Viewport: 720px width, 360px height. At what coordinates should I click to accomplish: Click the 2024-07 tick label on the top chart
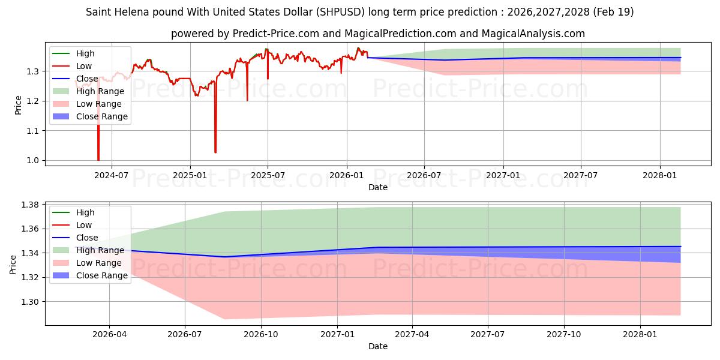[112, 175]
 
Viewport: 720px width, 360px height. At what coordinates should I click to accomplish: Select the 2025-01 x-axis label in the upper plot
[190, 175]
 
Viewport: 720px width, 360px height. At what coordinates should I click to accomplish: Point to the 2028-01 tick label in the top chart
[660, 175]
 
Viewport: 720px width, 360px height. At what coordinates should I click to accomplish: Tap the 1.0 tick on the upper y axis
[33, 160]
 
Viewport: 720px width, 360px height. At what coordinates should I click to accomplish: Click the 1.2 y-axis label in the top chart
[33, 101]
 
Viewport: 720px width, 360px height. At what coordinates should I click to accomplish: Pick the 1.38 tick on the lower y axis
[30, 205]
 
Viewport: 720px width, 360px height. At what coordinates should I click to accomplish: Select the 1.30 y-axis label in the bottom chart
[30, 302]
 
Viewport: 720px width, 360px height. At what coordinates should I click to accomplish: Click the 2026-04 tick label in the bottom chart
[109, 335]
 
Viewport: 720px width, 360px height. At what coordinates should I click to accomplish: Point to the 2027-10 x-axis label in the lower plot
[564, 335]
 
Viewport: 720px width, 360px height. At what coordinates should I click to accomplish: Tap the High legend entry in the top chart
[85, 53]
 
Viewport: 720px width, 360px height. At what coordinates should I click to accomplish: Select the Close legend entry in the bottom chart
[87, 238]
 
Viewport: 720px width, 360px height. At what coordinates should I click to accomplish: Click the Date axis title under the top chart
[377, 187]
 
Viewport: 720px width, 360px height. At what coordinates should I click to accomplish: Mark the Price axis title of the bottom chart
[13, 265]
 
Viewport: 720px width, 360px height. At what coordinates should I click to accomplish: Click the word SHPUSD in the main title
[341, 12]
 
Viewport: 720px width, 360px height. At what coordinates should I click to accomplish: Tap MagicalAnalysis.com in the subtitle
[533, 34]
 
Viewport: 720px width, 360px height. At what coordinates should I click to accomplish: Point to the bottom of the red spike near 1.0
[98, 160]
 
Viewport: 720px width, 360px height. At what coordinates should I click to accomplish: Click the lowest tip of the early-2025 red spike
[215, 152]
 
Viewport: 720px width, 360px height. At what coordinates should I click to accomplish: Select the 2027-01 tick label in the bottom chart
[337, 335]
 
